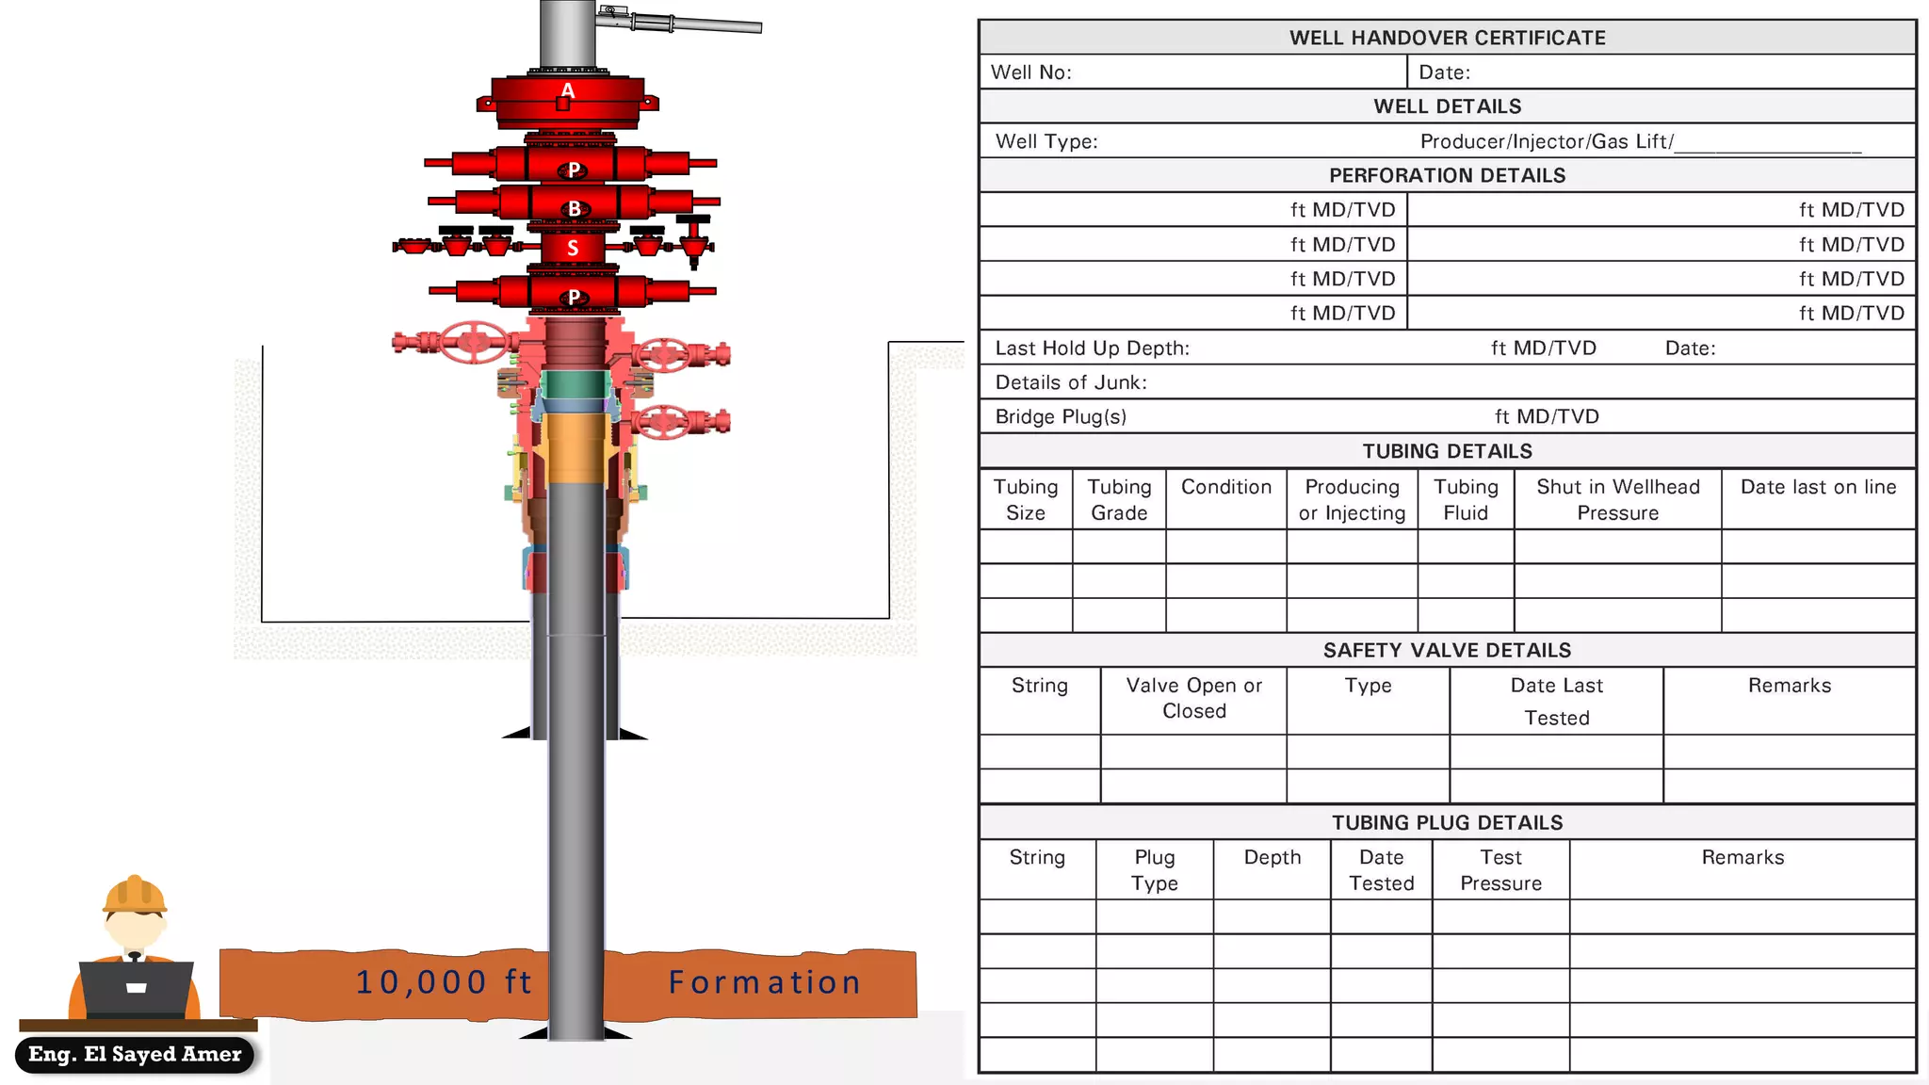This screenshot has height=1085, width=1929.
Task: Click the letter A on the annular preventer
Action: (567, 91)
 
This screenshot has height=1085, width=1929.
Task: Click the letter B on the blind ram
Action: (574, 209)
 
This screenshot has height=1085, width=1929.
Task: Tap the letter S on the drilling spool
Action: (573, 249)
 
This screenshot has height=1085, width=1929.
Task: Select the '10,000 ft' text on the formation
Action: (444, 982)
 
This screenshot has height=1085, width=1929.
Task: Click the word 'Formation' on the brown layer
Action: (765, 982)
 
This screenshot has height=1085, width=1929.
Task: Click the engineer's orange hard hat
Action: (135, 894)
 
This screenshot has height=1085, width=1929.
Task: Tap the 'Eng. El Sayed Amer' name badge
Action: (135, 1054)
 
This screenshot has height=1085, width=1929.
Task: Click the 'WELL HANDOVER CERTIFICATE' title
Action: (1447, 38)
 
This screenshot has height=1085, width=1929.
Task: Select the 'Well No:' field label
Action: (1030, 73)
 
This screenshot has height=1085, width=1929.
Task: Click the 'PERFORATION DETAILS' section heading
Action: (1447, 175)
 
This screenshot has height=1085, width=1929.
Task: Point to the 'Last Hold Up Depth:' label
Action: (1092, 348)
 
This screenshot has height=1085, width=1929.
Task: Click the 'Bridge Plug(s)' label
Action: (1061, 416)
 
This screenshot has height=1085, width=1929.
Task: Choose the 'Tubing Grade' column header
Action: (1119, 499)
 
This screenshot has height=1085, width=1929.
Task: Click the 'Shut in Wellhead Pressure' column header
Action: (1617, 499)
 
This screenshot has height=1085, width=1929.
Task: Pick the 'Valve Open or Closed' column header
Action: (1193, 698)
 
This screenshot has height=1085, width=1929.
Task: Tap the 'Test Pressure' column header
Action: (1500, 870)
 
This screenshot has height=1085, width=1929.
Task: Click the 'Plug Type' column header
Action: (1154, 870)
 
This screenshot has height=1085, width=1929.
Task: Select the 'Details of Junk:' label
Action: (1071, 382)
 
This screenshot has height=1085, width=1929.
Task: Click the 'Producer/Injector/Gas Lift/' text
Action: (1547, 141)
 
